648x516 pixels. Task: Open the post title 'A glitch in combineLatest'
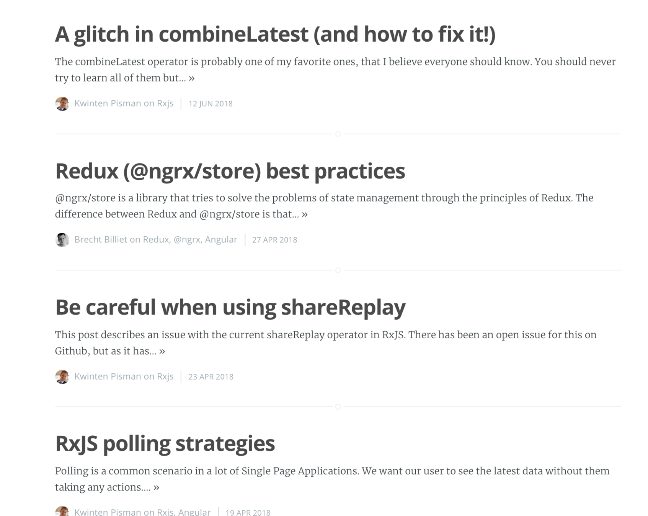click(x=275, y=34)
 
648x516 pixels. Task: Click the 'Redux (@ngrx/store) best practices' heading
click(x=230, y=171)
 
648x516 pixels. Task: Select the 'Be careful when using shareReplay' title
click(x=230, y=307)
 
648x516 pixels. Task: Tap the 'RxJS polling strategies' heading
click(x=165, y=443)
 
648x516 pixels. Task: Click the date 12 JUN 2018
click(x=211, y=104)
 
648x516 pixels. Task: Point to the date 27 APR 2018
click(x=274, y=240)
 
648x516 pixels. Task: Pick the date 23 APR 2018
click(x=211, y=376)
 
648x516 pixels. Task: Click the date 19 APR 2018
click(x=248, y=512)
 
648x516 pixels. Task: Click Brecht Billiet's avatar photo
click(x=62, y=240)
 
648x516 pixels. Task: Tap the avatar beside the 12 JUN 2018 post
click(x=62, y=104)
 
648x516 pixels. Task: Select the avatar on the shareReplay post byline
click(x=62, y=376)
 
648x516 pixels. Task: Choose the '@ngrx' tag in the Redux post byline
click(x=188, y=240)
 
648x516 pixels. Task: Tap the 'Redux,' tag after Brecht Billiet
click(x=157, y=240)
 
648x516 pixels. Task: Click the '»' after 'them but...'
click(x=192, y=78)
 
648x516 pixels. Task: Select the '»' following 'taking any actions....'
click(x=156, y=487)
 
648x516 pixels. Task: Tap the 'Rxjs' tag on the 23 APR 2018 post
click(x=165, y=376)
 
